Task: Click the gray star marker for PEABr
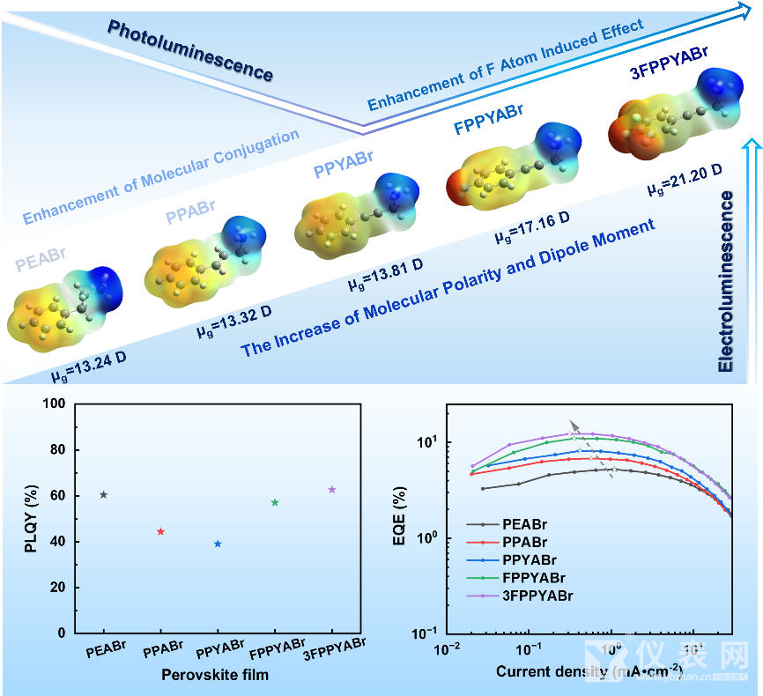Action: [x=104, y=495]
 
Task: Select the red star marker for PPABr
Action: [x=160, y=531]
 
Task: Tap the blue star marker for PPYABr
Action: [x=218, y=544]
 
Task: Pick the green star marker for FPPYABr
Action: [x=275, y=502]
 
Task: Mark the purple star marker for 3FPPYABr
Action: [x=332, y=489]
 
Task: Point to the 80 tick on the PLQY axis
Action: [x=58, y=450]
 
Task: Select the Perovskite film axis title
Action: [x=217, y=675]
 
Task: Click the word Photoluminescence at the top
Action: [x=190, y=50]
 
